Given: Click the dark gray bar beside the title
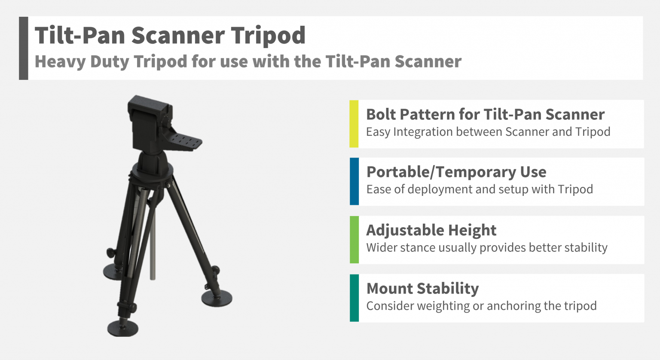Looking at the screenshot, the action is click(24, 48).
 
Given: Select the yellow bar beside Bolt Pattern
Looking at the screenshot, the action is click(354, 124).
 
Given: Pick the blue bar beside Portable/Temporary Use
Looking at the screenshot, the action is click(354, 181).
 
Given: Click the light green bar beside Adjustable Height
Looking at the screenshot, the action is click(354, 240).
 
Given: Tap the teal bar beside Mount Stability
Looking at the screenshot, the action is click(354, 298).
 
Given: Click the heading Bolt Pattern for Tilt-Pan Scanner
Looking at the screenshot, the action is click(485, 114).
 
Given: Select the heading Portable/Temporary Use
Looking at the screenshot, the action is click(456, 172).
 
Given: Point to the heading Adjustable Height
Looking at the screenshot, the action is click(431, 230).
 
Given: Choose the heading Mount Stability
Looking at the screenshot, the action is click(422, 288).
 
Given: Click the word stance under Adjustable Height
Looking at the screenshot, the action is click(418, 248).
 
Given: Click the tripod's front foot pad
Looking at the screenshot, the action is click(122, 328).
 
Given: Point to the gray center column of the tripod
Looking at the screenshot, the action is click(153, 241).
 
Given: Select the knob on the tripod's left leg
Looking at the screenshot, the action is click(111, 253).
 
